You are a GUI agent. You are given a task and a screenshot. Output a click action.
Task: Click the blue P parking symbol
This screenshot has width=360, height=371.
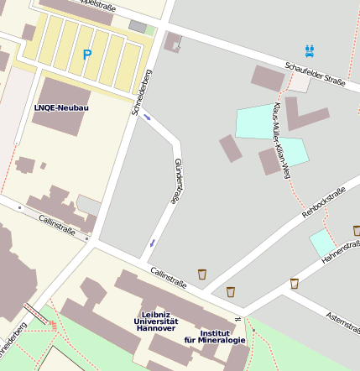click(x=86, y=55)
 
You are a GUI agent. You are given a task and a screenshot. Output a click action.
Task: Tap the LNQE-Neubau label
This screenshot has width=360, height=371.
click(x=60, y=108)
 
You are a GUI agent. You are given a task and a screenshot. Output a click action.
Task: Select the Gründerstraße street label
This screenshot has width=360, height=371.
click(x=176, y=180)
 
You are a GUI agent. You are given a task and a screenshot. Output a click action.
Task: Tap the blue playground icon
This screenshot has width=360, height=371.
click(x=310, y=50)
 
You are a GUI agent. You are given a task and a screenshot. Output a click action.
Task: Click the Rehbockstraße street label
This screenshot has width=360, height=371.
click(x=324, y=202)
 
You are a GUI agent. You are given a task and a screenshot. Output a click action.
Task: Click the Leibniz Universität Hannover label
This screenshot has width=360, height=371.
click(x=156, y=321)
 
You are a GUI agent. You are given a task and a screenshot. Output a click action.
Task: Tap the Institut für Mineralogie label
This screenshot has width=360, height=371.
click(x=215, y=336)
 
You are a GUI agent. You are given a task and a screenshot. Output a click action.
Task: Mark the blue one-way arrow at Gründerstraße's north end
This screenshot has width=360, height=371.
click(x=148, y=117)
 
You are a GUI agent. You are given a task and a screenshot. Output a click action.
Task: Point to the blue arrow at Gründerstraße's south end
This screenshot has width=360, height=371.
click(x=152, y=243)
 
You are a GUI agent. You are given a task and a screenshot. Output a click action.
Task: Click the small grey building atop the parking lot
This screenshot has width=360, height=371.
click(x=138, y=27)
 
